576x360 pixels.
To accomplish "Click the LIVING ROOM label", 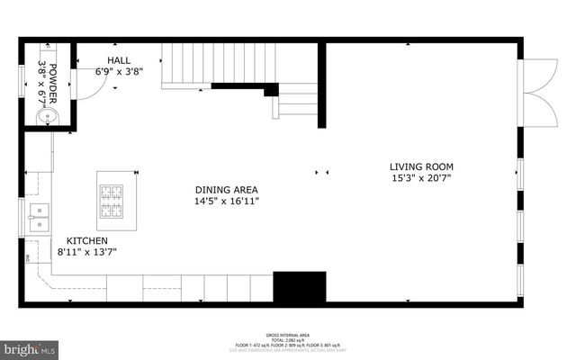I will pyautogui.click(x=421, y=166).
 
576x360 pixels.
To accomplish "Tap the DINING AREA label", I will pyautogui.click(x=227, y=190).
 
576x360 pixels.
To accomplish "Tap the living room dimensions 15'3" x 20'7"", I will pyautogui.click(x=421, y=178).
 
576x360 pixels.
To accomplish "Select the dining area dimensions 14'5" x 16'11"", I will pyautogui.click(x=227, y=202).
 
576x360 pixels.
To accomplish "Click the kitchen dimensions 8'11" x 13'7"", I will pyautogui.click(x=87, y=253).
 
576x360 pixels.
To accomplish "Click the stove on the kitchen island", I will pyautogui.click(x=111, y=201).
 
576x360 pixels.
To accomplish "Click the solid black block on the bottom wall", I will pyautogui.click(x=299, y=287).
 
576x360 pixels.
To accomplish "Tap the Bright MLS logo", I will pyautogui.click(x=30, y=347).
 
